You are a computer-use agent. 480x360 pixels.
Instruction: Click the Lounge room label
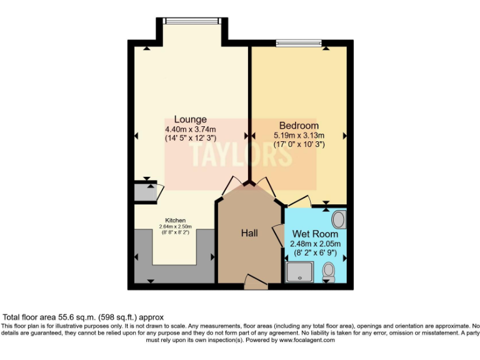(190, 119)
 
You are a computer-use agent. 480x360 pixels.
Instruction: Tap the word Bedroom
(298, 126)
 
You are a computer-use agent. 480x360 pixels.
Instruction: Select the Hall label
(250, 233)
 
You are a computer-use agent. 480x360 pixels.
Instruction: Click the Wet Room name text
(316, 234)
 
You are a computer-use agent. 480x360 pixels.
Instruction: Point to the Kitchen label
(175, 220)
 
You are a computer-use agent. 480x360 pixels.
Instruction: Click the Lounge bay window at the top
(191, 21)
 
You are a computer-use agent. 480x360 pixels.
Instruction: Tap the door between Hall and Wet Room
(277, 234)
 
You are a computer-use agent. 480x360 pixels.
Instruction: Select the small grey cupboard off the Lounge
(144, 192)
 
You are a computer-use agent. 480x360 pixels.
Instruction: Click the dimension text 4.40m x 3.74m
(190, 129)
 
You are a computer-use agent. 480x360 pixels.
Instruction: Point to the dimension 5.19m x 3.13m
(299, 135)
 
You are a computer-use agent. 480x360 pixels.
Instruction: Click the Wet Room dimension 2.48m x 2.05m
(316, 244)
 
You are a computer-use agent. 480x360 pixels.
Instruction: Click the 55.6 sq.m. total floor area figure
(71, 317)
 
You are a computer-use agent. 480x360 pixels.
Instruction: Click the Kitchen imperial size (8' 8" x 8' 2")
(175, 232)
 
